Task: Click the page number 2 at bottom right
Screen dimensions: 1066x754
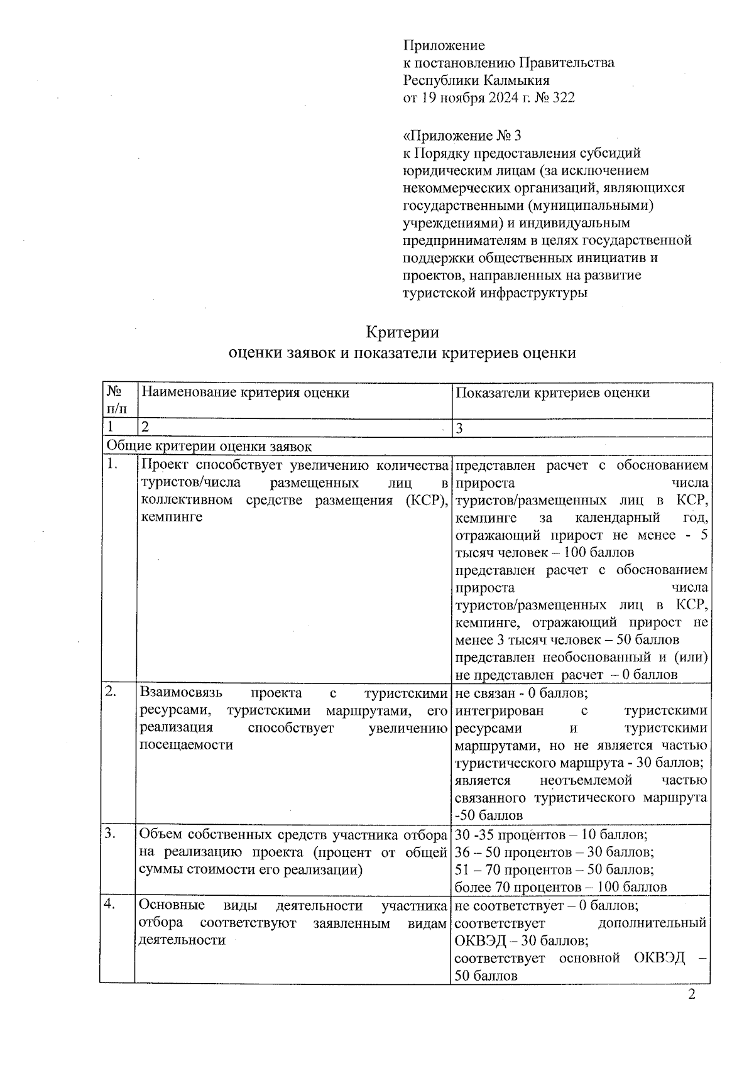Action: [x=692, y=994]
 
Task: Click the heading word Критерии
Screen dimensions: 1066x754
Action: [x=402, y=332]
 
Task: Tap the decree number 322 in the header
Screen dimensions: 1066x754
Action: [x=563, y=98]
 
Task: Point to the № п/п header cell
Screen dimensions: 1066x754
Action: [x=117, y=400]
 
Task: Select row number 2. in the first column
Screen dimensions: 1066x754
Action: [x=112, y=692]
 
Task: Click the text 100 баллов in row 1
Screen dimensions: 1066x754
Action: [x=599, y=553]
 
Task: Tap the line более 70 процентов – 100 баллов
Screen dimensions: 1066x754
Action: [x=560, y=887]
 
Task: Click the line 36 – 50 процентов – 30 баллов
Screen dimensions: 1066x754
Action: [x=554, y=852]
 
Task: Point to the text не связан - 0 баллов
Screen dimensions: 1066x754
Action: [x=522, y=693]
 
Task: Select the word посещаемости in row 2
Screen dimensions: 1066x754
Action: [x=186, y=745]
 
